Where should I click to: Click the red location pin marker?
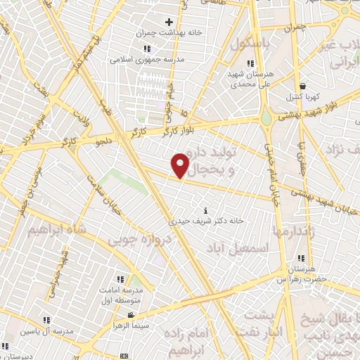point(181,165)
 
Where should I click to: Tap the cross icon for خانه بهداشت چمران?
point(169,22)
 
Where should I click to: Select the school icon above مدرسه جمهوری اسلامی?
point(147,49)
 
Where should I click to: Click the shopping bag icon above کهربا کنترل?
point(302,85)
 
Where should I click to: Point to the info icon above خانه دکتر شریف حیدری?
point(205,210)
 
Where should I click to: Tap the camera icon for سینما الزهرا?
point(131,316)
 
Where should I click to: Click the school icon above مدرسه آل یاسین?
point(46,320)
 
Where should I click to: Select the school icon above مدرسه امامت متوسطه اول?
point(120,279)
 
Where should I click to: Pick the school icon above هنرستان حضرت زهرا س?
point(301,259)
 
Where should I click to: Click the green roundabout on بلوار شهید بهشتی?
point(267,119)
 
